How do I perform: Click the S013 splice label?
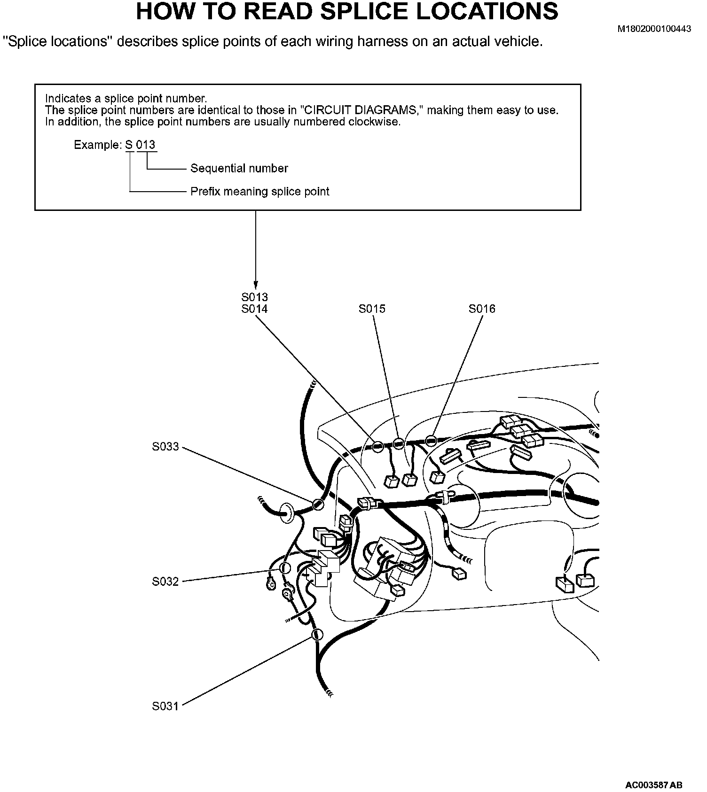(x=254, y=297)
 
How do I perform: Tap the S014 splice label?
(x=254, y=309)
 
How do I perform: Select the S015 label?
(x=372, y=309)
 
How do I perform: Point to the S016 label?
(x=482, y=309)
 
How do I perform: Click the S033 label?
(x=165, y=447)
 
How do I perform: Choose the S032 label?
(x=165, y=582)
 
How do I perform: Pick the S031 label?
(x=165, y=706)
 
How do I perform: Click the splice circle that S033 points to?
(x=318, y=505)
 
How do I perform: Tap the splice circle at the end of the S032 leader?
(x=285, y=568)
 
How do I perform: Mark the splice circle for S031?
(x=317, y=635)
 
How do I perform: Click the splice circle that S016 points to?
(x=431, y=441)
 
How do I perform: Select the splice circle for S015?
(x=399, y=443)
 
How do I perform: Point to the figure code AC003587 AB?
(x=653, y=785)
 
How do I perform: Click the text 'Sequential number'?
(x=239, y=168)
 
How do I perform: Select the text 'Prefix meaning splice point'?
(x=259, y=192)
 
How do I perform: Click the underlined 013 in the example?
(x=146, y=145)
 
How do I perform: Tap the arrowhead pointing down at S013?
(x=255, y=285)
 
